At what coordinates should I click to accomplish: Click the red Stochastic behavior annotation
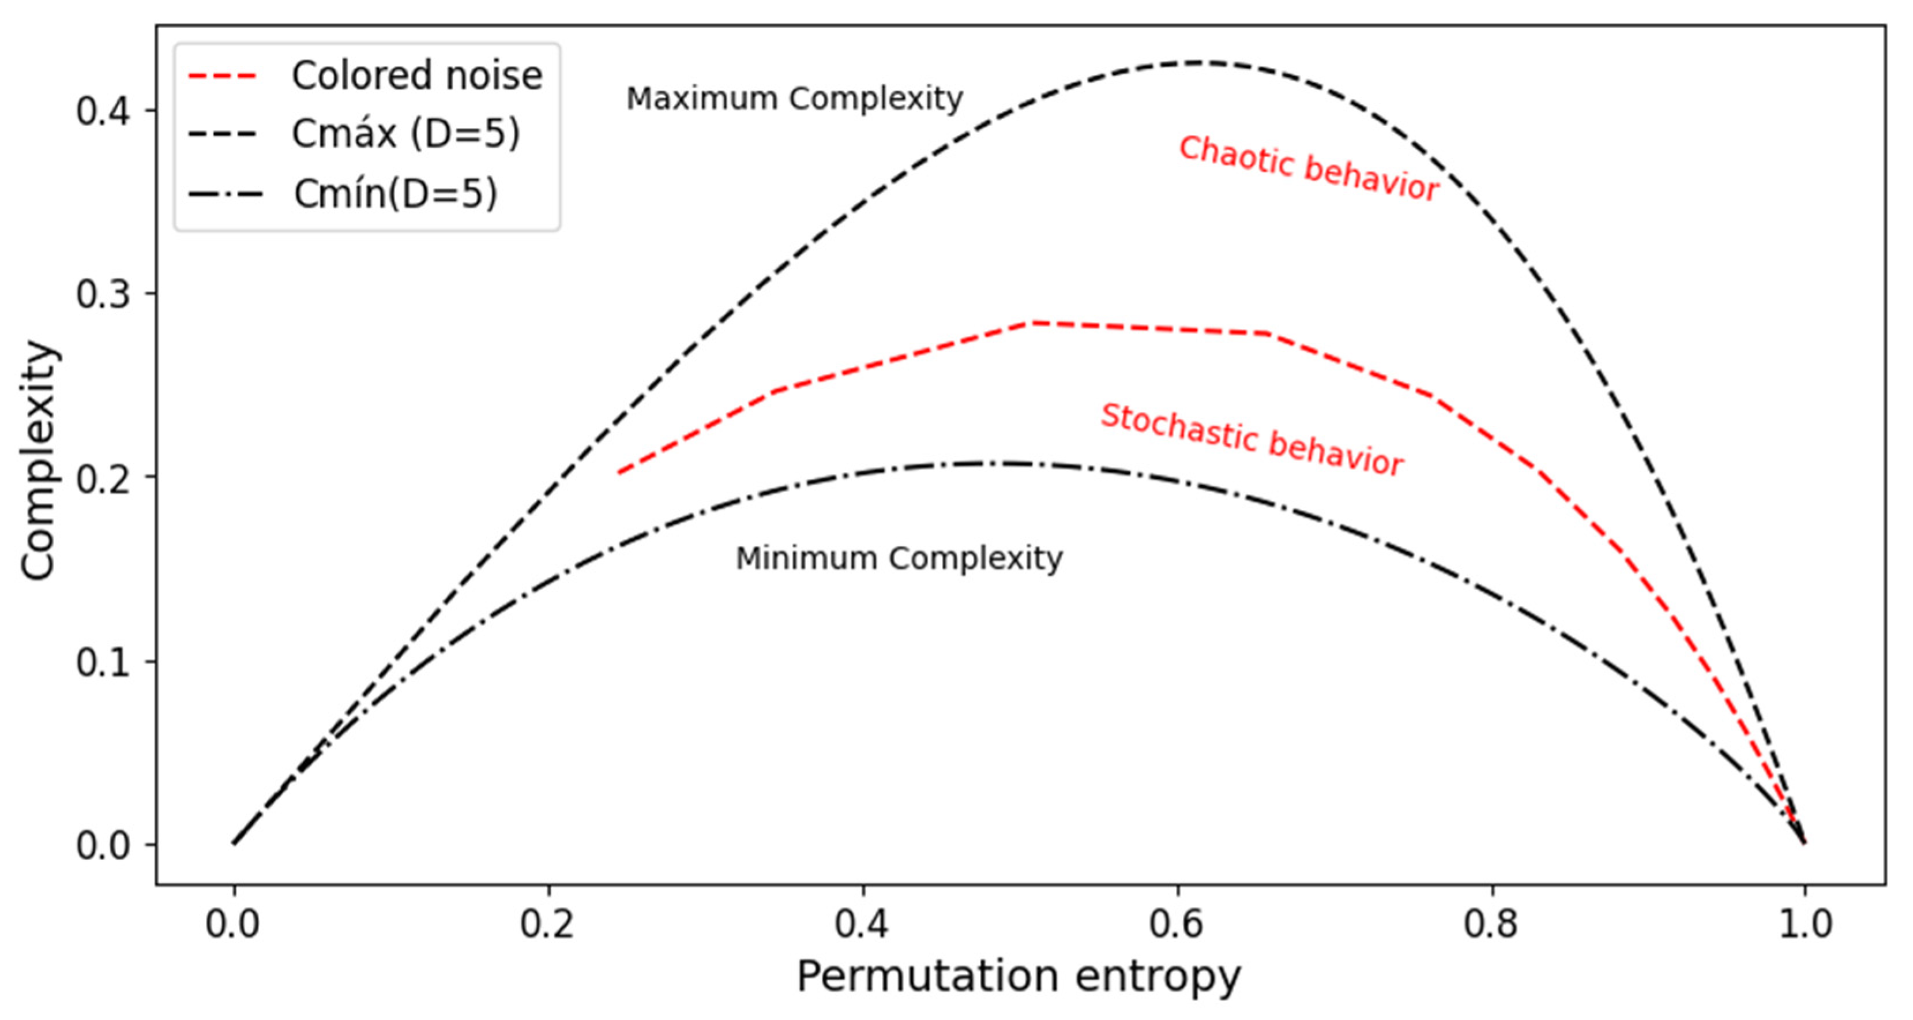tap(1251, 439)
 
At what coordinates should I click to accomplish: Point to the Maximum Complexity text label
tap(794, 99)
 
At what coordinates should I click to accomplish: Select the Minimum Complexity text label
tap(899, 558)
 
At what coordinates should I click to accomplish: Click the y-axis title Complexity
tap(39, 460)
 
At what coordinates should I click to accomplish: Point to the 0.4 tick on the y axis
tap(103, 111)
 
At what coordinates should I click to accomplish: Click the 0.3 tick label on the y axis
tap(103, 294)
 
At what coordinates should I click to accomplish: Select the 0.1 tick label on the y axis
tap(103, 661)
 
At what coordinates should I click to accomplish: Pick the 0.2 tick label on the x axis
tap(547, 924)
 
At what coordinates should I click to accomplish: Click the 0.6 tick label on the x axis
tap(1177, 924)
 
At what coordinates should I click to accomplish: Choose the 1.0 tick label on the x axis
tap(1805, 924)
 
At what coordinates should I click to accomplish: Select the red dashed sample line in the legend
tap(222, 76)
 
